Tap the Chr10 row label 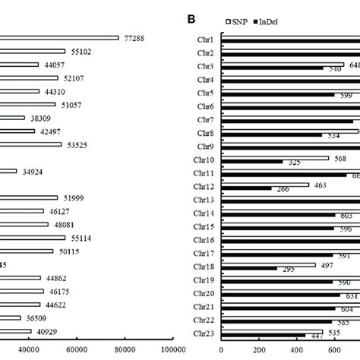click(204, 159)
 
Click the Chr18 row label click(204, 267)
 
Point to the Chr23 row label click(204, 333)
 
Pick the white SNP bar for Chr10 click(274, 158)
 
